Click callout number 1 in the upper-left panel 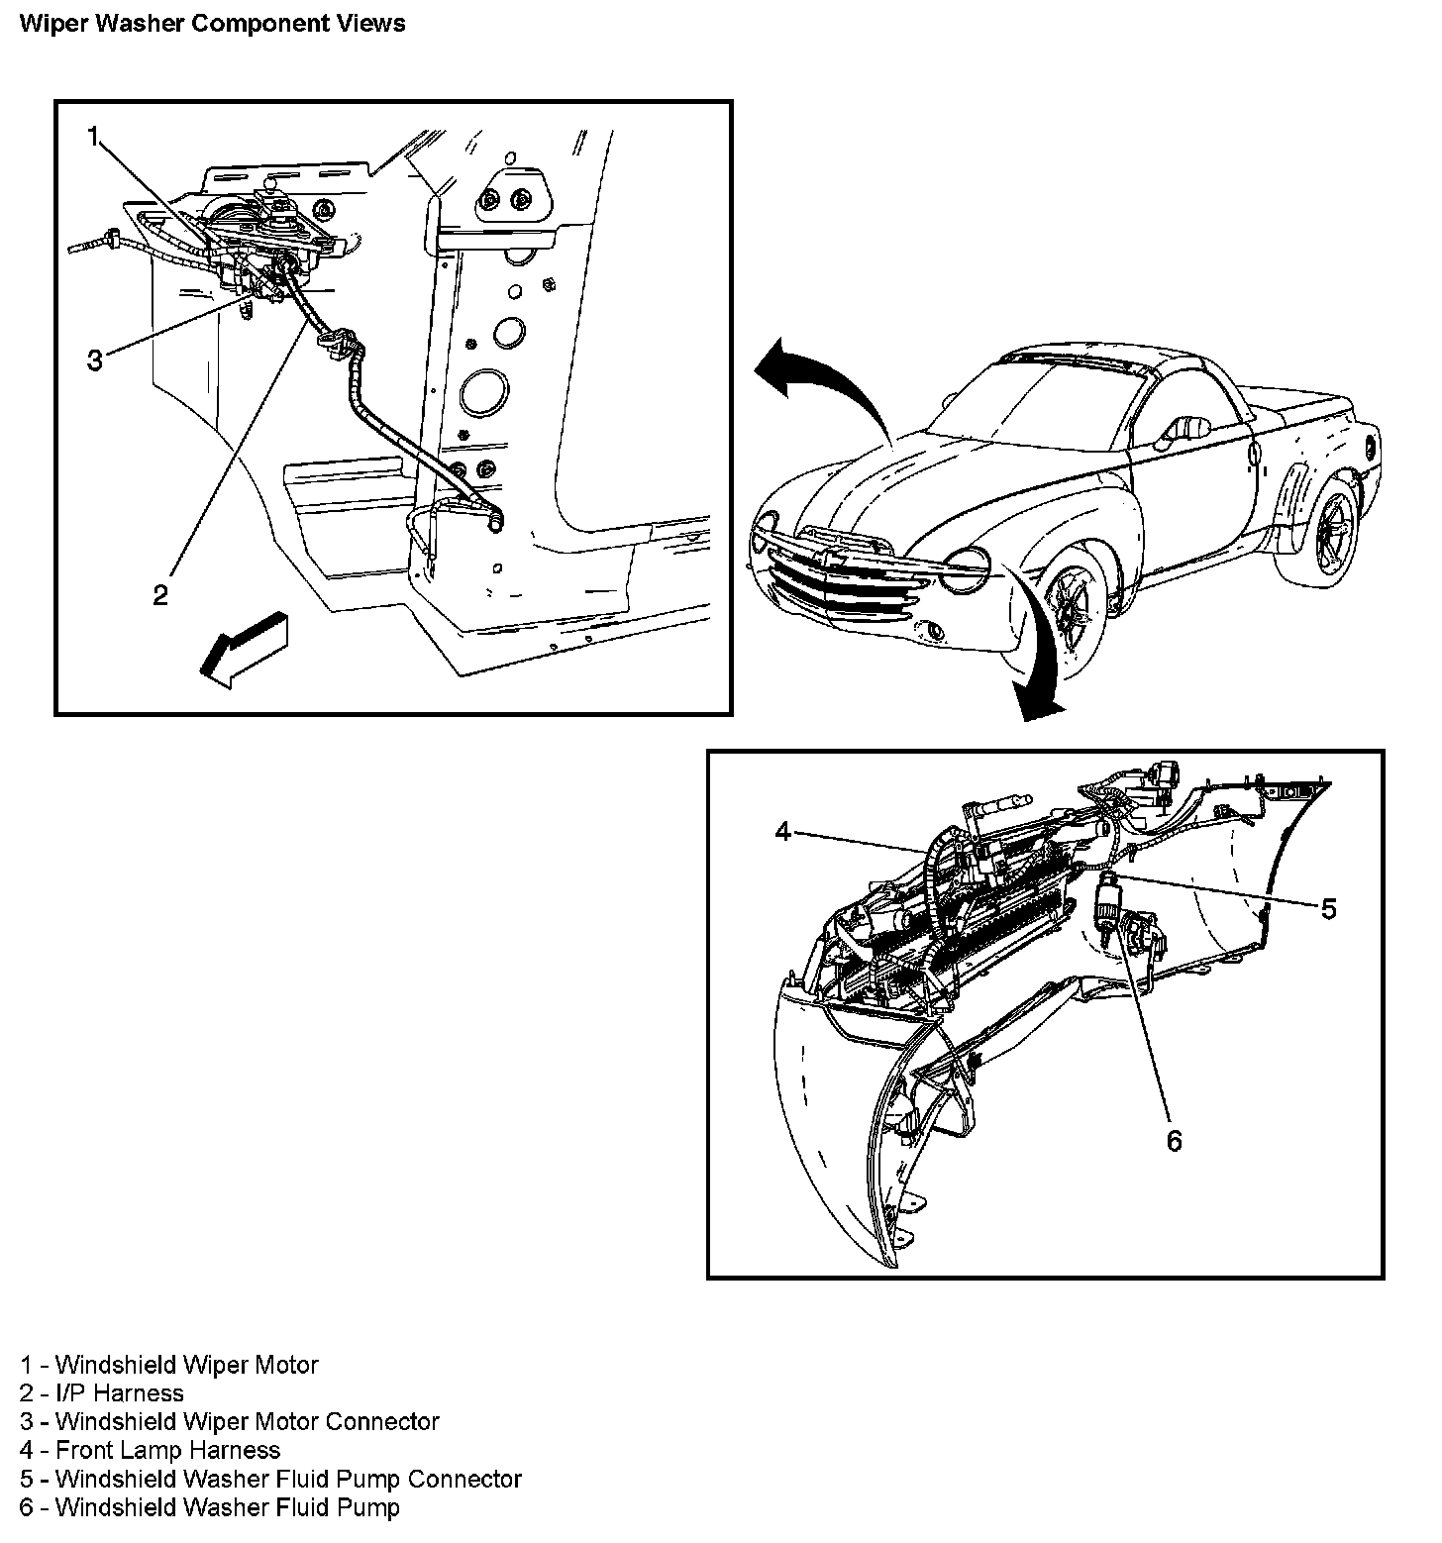point(93,137)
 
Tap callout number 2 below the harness point(159,594)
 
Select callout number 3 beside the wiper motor point(94,360)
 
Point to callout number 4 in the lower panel point(783,831)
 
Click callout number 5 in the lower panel point(1328,908)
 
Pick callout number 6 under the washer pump point(1174,1141)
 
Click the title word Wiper point(48,24)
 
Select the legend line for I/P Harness point(101,1392)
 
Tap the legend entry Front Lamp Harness point(150,1450)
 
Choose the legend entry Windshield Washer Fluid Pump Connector point(270,1479)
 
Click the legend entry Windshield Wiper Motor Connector point(229,1421)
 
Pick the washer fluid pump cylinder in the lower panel point(1106,905)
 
